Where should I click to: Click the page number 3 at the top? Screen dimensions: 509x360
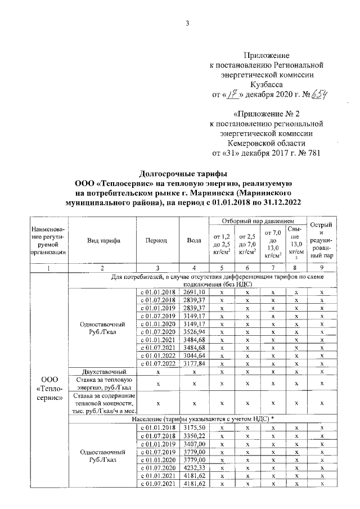pyautogui.click(x=187, y=23)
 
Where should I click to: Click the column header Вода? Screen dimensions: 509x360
pyautogui.click(x=194, y=240)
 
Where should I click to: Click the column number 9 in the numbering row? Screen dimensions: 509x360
pyautogui.click(x=321, y=268)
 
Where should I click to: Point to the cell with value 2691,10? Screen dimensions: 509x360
pyautogui.click(x=194, y=292)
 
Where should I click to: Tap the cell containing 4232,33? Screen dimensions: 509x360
pyautogui.click(x=194, y=466)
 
